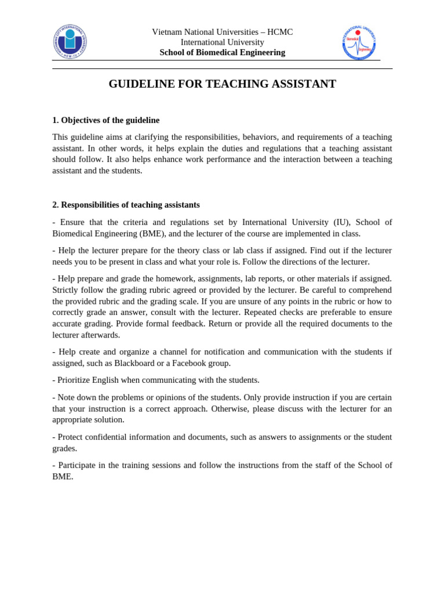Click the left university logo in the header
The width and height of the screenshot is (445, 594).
tap(70, 42)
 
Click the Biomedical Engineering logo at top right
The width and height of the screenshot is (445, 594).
tap(359, 42)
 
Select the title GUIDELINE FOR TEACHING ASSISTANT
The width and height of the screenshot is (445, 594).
tap(222, 84)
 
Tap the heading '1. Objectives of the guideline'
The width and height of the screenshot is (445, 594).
tap(106, 120)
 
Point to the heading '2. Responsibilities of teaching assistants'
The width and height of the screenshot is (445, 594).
tap(126, 205)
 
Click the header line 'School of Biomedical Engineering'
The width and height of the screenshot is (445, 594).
tap(222, 52)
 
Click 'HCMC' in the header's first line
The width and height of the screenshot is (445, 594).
tap(280, 32)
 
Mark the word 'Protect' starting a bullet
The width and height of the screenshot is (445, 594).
tap(71, 437)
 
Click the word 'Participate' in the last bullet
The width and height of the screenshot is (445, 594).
tap(79, 465)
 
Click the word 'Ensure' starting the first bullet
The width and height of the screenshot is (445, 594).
tap(72, 222)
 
